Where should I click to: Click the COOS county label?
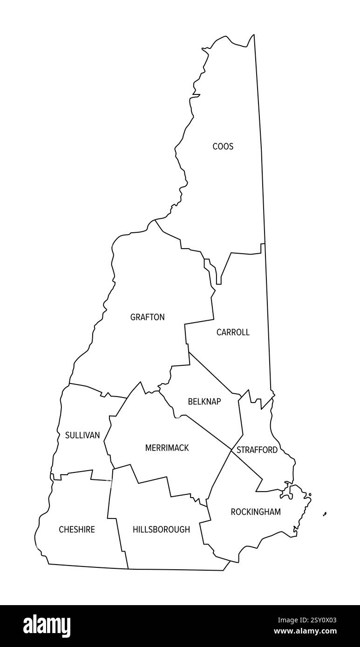tap(223, 146)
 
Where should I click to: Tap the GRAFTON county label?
tap(147, 317)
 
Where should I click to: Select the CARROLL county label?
tap(233, 332)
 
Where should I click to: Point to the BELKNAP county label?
tap(204, 401)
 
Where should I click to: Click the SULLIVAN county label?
tap(82, 435)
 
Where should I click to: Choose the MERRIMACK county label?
tap(167, 448)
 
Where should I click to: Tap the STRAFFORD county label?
tap(257, 450)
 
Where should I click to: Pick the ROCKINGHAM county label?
tap(256, 512)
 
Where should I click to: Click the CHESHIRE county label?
tap(77, 529)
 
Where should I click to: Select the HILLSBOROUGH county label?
tap(161, 529)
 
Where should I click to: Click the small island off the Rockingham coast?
tap(325, 514)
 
